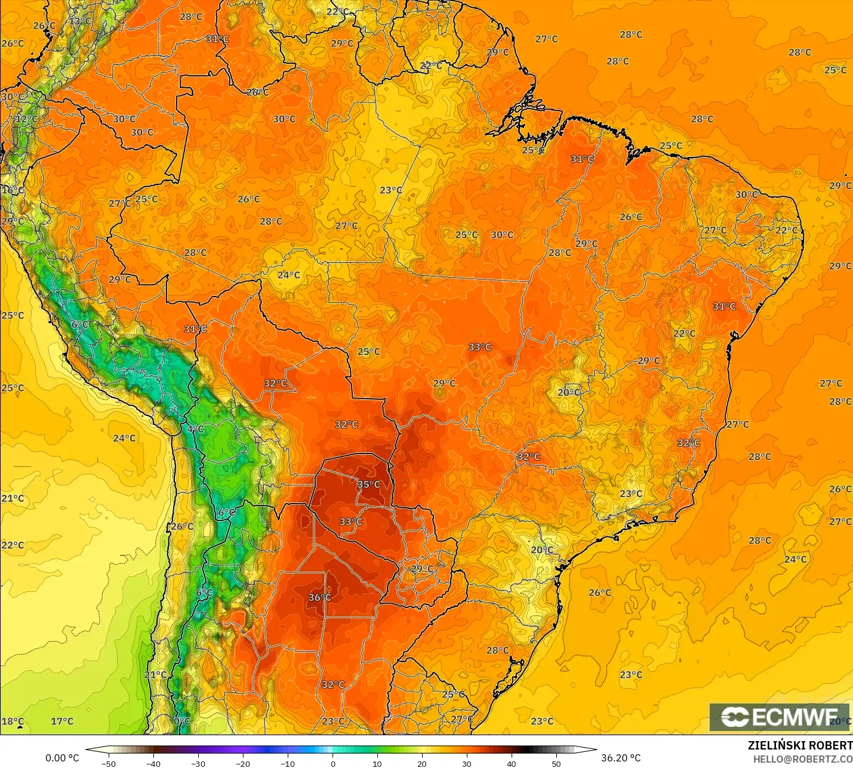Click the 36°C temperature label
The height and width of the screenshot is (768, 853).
319,597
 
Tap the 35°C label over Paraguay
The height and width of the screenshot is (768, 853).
368,485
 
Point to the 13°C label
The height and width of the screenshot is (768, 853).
80,21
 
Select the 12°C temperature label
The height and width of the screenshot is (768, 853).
26,119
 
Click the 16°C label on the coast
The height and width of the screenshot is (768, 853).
13,190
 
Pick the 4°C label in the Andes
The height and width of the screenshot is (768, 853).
195,429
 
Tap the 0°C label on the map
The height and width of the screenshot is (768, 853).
181,721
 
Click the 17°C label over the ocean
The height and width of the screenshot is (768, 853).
61,721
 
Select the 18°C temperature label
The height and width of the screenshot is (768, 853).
13,721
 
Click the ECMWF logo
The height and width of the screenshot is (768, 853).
779,717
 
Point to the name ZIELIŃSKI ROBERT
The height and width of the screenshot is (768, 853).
800,745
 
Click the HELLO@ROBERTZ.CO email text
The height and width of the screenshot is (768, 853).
802,759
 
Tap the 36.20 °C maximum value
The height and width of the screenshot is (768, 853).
621,758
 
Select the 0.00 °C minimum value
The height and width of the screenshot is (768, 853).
62,758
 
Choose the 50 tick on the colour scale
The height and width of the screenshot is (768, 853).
556,763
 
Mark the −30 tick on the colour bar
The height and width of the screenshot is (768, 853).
198,763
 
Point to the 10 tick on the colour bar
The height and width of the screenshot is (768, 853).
377,763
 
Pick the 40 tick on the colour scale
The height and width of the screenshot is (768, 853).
512,763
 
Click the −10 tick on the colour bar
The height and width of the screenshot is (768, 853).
288,763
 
